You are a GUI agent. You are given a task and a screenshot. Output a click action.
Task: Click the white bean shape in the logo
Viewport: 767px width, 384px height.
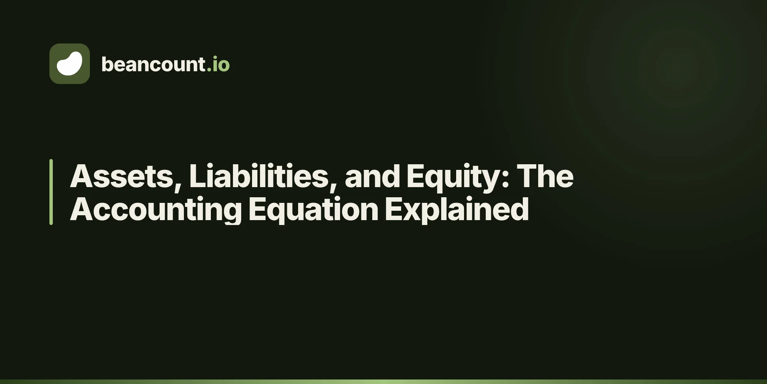pyautogui.click(x=69, y=63)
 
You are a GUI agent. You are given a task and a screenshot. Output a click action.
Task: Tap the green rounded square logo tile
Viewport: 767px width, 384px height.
pyautogui.click(x=70, y=64)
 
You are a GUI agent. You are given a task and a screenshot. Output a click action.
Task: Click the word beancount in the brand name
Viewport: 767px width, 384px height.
pyautogui.click(x=153, y=64)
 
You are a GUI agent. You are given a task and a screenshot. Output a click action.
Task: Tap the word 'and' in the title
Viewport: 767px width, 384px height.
pyautogui.click(x=373, y=176)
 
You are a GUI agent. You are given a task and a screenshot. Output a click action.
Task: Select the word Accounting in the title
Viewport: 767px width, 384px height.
pyautogui.click(x=156, y=210)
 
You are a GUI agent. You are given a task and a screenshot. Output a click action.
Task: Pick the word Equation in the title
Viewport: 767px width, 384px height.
pyautogui.click(x=313, y=210)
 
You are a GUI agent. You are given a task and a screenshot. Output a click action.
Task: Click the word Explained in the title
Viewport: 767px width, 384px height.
pyautogui.click(x=457, y=210)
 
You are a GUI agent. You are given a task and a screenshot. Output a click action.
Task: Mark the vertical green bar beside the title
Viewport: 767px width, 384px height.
pyautogui.click(x=51, y=192)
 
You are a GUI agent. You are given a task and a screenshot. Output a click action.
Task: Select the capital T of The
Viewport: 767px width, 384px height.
pyautogui.click(x=528, y=176)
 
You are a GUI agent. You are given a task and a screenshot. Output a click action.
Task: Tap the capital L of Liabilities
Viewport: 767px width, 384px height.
pyautogui.click(x=198, y=176)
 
